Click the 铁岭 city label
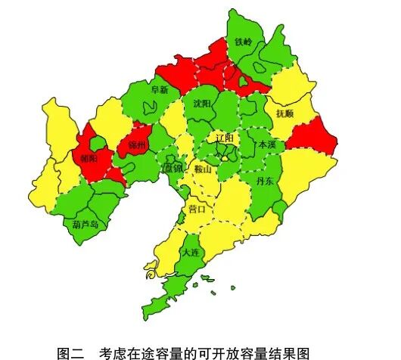coord(244,43)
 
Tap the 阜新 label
coord(160,89)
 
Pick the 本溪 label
coord(267,144)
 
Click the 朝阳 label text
coord(89,159)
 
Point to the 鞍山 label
coord(204,169)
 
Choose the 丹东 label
coord(266,182)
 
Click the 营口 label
coord(197,208)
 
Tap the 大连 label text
coord(191,253)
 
